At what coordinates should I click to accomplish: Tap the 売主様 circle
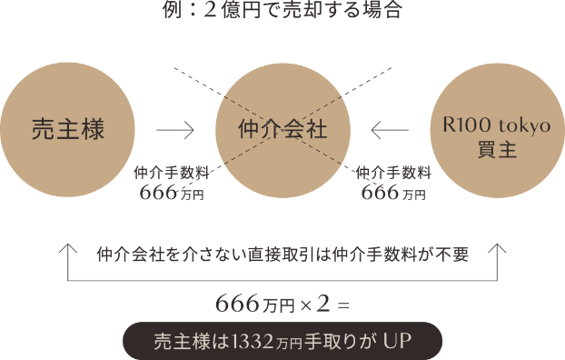coord(68,130)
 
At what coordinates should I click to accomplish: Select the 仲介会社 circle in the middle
coord(282,130)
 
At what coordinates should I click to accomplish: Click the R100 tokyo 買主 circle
coord(497,130)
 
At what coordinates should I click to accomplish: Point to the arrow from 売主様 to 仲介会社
coord(175,130)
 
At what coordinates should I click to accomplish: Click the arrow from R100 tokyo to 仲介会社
coord(390,130)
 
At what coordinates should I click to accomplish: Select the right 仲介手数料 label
coord(393,172)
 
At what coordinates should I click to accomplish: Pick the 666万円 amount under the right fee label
coord(393,192)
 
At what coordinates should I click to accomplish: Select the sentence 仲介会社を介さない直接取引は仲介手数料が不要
coord(282,255)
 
